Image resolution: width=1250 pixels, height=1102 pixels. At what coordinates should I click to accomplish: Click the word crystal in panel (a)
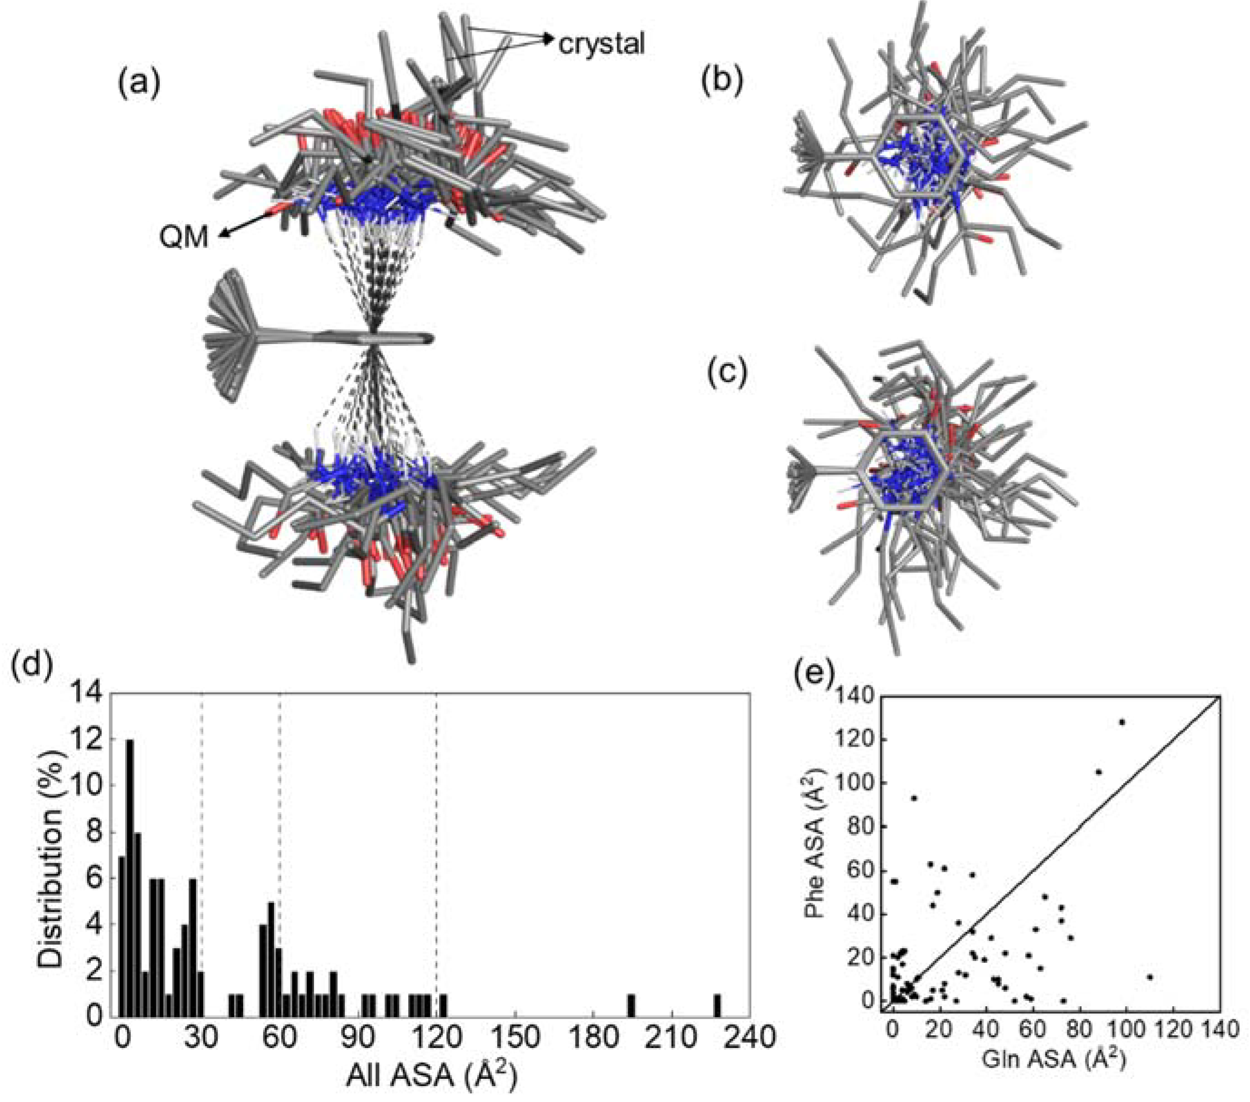coord(601,44)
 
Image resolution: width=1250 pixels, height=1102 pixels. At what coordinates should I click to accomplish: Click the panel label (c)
coord(727,374)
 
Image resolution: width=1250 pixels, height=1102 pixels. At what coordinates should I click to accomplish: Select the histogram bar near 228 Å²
coord(718,1004)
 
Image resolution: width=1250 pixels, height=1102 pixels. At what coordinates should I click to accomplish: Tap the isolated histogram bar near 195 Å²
coord(631,1004)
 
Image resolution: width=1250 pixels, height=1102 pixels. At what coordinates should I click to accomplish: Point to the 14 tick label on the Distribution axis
coord(88,696)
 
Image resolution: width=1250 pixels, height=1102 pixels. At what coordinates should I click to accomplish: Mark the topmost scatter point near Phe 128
coord(1122,722)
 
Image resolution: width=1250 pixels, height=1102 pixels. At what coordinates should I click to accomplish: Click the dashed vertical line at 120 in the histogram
coord(436,856)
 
